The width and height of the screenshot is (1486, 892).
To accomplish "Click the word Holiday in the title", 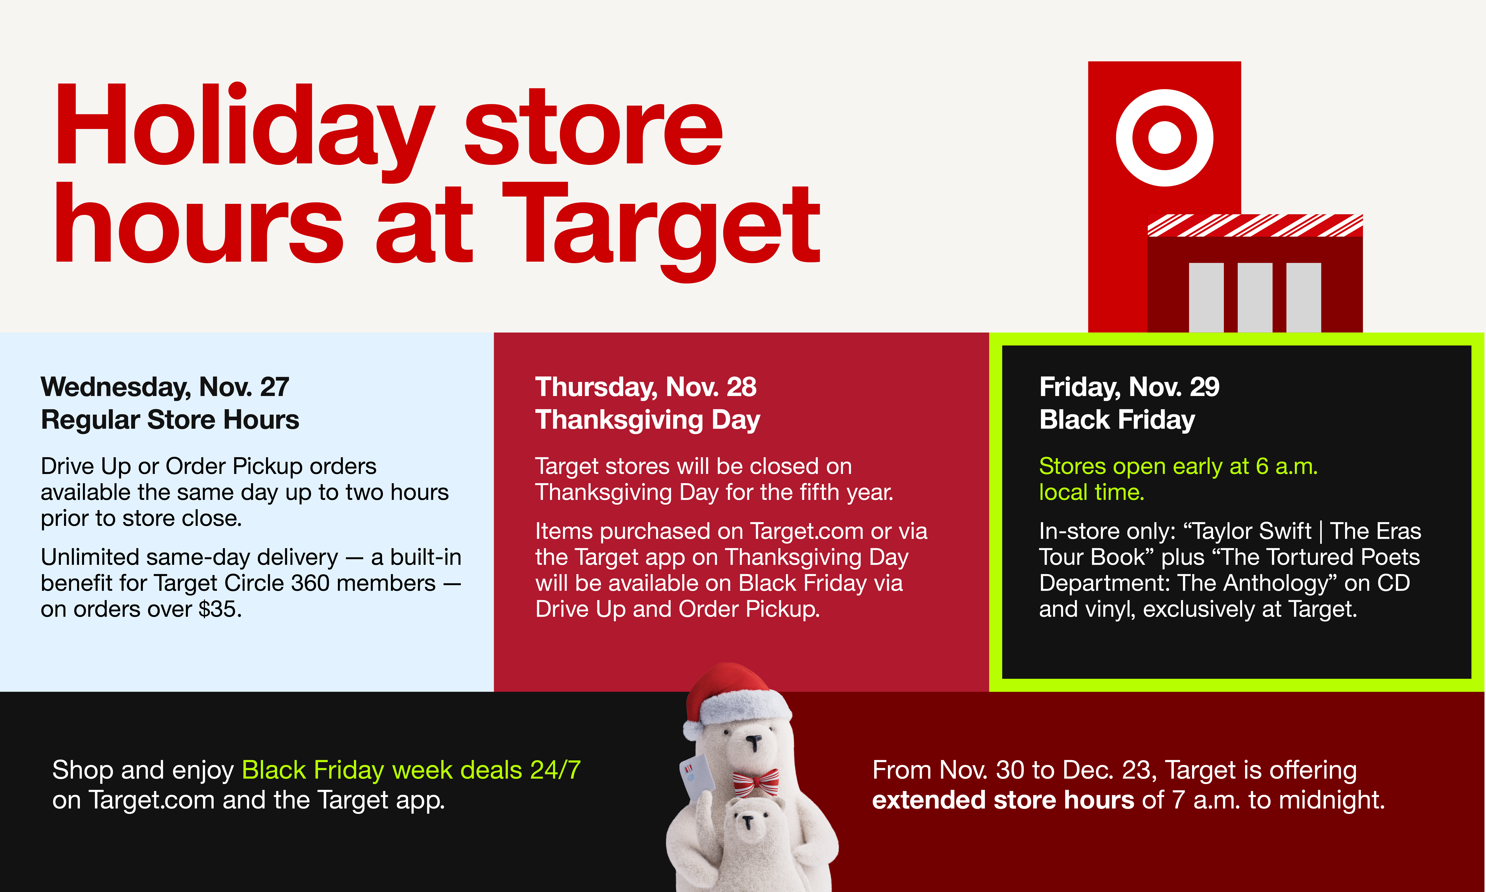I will [x=244, y=126].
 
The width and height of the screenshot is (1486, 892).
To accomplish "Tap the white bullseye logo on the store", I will [x=1164, y=138].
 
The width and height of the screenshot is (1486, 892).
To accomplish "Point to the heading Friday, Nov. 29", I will [x=1129, y=386].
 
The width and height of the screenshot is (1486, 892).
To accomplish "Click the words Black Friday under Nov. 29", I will [x=1117, y=420].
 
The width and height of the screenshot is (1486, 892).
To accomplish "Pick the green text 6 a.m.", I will [x=1286, y=466].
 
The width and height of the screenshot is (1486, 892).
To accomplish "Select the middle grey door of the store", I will [x=1255, y=297].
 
